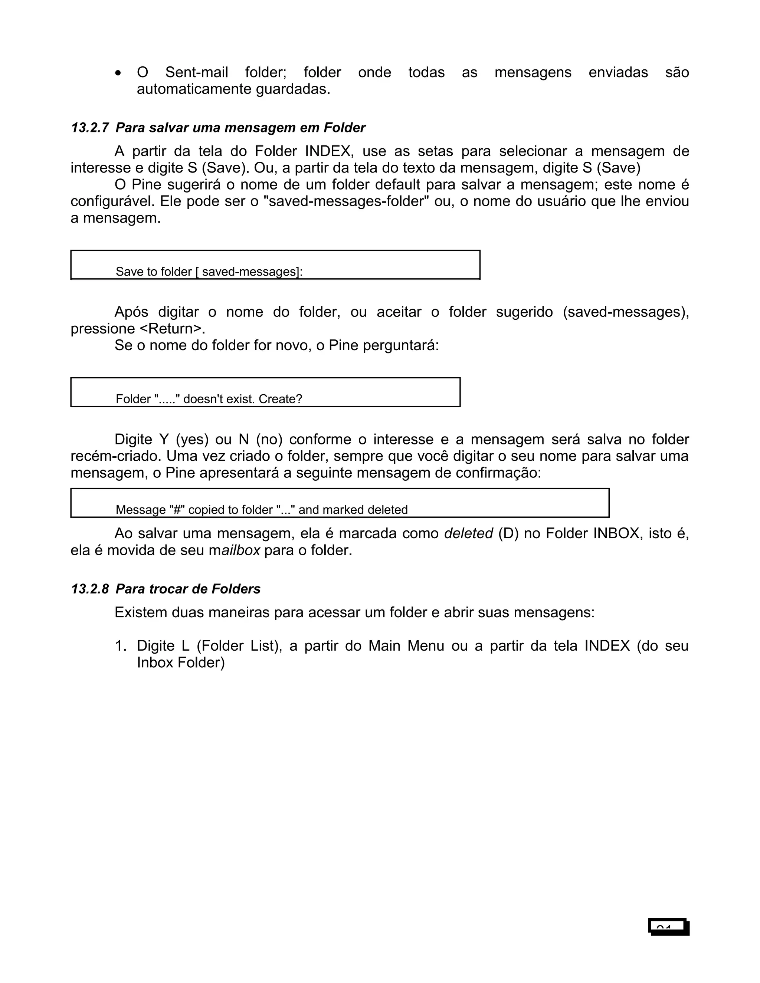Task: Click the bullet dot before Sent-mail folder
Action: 118,73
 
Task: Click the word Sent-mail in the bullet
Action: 196,72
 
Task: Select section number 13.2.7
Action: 89,128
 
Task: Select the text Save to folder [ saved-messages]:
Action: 209,272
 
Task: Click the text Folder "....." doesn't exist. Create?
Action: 209,399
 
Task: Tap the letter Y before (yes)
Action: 164,439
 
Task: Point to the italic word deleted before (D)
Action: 468,533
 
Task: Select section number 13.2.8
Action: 89,589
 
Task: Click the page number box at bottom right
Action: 669,927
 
